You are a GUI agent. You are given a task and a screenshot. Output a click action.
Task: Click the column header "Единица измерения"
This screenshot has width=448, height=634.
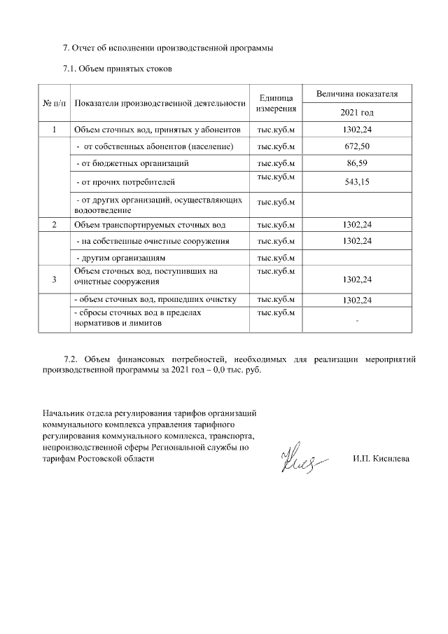[276, 103]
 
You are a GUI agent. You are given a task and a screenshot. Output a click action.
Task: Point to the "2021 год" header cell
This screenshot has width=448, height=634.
[357, 113]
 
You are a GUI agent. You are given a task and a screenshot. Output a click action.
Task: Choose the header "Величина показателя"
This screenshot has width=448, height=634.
[357, 93]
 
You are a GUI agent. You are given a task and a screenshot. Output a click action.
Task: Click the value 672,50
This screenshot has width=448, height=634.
[357, 146]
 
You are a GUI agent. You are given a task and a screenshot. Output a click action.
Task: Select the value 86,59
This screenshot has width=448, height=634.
[357, 163]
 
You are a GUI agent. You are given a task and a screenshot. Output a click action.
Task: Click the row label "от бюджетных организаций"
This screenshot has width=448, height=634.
[132, 163]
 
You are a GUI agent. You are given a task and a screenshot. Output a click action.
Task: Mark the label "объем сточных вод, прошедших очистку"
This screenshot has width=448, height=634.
[155, 300]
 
